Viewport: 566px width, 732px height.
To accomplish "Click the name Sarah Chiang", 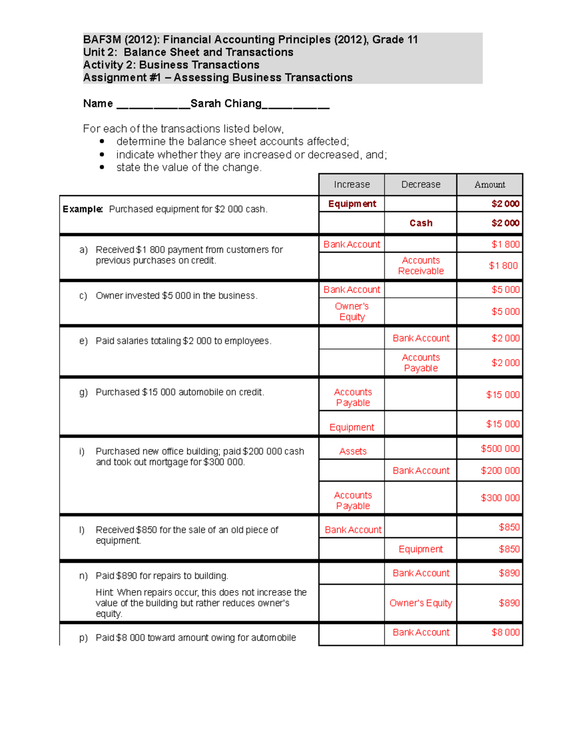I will coord(225,104).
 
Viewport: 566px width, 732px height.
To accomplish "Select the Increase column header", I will coord(351,185).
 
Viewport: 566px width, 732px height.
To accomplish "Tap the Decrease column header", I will coord(421,185).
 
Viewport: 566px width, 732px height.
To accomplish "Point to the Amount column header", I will coord(490,185).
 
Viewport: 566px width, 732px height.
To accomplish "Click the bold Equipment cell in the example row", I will coord(352,204).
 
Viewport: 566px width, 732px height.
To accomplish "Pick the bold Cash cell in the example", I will coord(421,223).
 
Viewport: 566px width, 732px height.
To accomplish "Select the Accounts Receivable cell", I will coord(421,266).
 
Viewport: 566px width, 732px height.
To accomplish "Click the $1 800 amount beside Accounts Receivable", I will coord(504,266).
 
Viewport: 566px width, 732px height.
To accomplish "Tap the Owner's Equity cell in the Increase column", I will coord(352,312).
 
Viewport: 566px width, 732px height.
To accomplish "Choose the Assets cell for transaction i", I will coord(352,451).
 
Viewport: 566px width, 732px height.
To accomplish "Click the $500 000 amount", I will coord(500,449).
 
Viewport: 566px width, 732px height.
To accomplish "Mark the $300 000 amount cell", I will coord(500,498).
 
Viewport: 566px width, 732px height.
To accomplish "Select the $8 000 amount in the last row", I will coord(505,633).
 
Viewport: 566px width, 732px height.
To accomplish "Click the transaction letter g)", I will coord(83,392).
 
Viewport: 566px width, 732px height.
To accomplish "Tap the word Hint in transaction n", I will coord(105,592).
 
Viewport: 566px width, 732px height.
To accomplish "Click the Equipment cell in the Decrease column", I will coord(421,549).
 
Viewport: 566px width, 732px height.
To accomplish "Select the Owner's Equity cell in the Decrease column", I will coord(421,603).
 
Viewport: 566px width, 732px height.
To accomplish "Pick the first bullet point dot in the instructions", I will coord(102,141).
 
